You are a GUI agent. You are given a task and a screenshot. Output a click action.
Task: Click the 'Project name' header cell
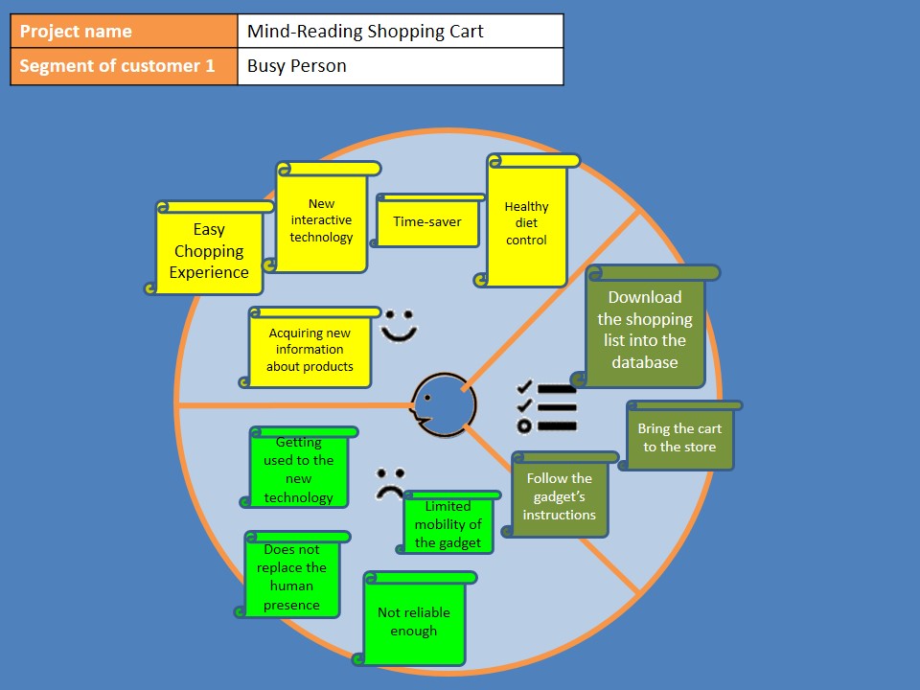click(x=124, y=31)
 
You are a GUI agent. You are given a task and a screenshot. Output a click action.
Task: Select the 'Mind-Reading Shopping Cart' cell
click(x=400, y=31)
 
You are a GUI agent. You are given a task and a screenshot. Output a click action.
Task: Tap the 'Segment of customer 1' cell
click(x=124, y=66)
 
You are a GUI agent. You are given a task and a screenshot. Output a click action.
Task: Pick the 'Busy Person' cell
click(x=400, y=66)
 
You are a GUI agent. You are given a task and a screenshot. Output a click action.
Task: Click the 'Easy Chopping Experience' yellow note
click(x=209, y=251)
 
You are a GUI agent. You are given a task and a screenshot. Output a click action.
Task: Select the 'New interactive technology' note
click(x=321, y=220)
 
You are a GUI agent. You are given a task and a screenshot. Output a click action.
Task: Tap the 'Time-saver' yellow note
click(x=427, y=222)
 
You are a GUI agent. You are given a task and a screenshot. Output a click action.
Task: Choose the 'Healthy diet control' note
click(x=526, y=223)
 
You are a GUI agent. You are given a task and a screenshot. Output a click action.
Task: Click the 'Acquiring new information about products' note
click(x=310, y=349)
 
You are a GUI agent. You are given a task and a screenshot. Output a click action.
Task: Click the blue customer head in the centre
click(x=446, y=405)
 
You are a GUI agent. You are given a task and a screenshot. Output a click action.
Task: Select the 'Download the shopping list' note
click(x=644, y=330)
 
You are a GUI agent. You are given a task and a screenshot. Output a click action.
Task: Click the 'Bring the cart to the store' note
click(x=679, y=438)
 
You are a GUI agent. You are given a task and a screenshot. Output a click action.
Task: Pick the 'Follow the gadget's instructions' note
click(x=560, y=496)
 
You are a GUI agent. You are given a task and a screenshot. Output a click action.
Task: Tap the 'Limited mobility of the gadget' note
click(x=448, y=524)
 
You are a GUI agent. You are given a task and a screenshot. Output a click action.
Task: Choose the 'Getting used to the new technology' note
click(x=299, y=470)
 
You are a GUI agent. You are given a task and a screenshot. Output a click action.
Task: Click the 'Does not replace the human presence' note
click(x=291, y=577)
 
